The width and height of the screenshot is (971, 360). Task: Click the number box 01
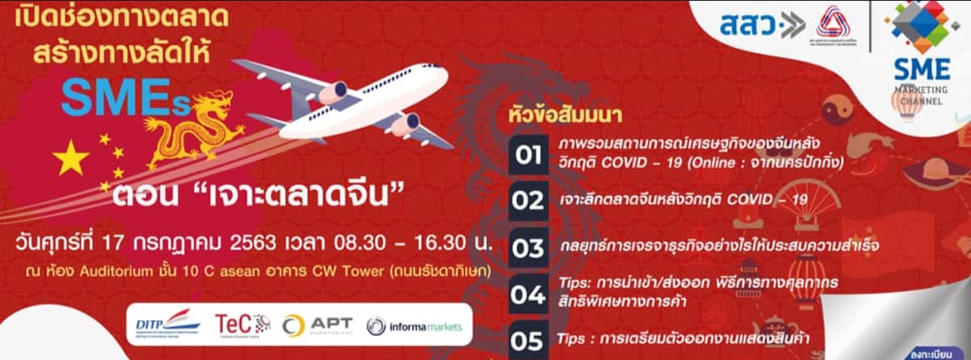[x=528, y=155]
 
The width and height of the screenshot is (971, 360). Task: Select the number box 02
[x=528, y=201]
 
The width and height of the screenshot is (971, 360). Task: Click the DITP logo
[x=167, y=324]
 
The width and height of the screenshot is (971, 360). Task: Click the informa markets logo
[x=415, y=326]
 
